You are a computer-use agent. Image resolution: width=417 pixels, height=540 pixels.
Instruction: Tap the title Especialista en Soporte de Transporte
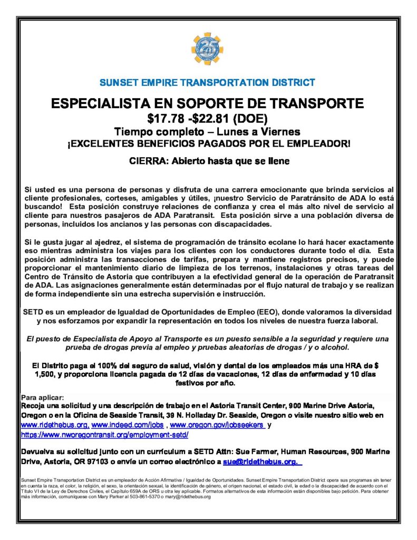coord(208,102)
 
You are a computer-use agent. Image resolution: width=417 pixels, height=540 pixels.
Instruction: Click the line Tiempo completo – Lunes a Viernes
coord(208,131)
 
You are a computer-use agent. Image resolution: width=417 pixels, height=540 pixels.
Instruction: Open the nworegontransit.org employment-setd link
coord(104,435)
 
